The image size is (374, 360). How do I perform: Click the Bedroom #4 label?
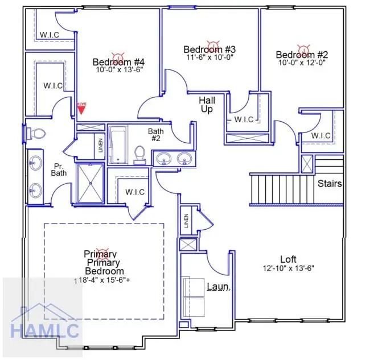[119, 62]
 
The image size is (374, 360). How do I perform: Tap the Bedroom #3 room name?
[209, 49]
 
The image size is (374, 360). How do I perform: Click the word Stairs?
[330, 184]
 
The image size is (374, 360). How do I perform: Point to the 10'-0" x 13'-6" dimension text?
[119, 70]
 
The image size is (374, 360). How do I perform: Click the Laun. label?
[218, 287]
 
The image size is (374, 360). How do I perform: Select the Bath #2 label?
[156, 134]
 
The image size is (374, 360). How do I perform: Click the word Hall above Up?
[207, 100]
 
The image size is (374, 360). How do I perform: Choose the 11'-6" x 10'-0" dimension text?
[209, 57]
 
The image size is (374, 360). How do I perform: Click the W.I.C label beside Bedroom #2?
[321, 135]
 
